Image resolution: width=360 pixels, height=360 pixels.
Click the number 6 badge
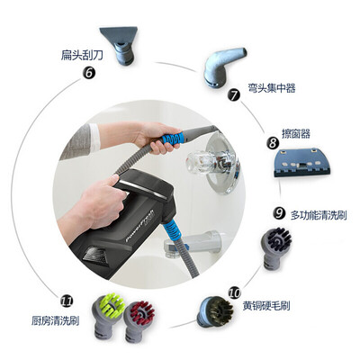click(x=89, y=73)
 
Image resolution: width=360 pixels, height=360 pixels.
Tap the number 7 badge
click(x=234, y=94)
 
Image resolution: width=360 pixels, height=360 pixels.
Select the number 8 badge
click(x=273, y=142)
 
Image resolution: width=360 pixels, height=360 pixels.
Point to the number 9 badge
click(x=279, y=213)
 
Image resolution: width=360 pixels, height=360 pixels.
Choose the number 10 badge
click(x=235, y=292)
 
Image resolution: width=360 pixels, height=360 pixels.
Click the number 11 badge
click(x=67, y=301)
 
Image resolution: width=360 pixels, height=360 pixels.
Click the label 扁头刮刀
click(x=82, y=55)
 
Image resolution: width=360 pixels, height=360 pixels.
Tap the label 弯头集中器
click(x=272, y=88)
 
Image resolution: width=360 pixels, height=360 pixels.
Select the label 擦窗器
click(x=296, y=133)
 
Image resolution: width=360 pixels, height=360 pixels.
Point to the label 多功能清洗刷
click(x=319, y=215)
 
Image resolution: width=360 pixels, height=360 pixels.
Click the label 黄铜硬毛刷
click(x=266, y=305)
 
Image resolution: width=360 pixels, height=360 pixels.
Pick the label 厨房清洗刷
click(x=55, y=321)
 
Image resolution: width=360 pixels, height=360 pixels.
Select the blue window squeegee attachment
click(x=301, y=163)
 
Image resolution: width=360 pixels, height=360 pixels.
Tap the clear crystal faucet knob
click(x=202, y=162)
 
